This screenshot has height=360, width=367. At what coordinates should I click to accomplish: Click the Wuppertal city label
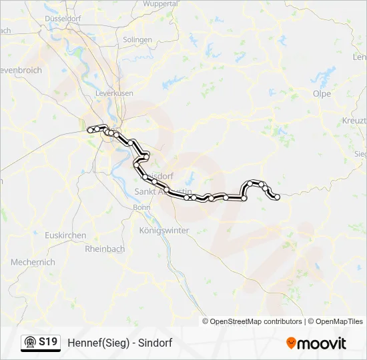tap(160, 3)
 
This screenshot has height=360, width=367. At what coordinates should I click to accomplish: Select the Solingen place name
tap(137, 40)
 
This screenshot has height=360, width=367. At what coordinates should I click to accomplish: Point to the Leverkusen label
tap(114, 94)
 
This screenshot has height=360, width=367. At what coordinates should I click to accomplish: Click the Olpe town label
tap(322, 94)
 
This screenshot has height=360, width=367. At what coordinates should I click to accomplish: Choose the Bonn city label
tap(142, 207)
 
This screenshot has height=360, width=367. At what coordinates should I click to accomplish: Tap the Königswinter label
tap(164, 230)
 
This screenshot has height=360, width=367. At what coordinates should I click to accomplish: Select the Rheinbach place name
tap(105, 249)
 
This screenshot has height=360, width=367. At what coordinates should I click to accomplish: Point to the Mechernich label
tap(32, 263)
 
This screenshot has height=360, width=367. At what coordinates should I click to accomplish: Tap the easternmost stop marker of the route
tap(276, 197)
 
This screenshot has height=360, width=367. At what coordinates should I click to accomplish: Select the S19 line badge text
tap(47, 342)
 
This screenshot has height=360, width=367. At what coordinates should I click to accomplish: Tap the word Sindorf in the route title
tap(157, 343)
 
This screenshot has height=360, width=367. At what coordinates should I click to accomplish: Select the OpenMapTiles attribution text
tap(336, 321)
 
